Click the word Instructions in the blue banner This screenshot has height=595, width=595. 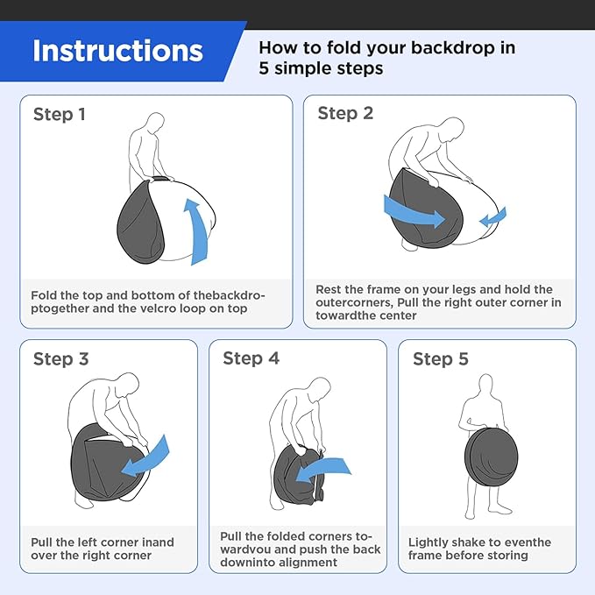coord(117,51)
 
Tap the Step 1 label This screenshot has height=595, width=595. coord(60,114)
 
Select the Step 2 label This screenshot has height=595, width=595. coord(345,113)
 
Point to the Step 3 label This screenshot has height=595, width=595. coord(60,359)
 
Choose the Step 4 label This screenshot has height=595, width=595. coord(251,358)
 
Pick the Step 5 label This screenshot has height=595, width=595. coord(441,359)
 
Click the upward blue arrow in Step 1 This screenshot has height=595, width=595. coord(198,232)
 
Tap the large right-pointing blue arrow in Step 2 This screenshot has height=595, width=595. coord(414,212)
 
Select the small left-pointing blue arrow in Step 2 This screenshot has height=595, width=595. coord(492,217)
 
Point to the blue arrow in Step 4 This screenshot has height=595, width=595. coord(322,471)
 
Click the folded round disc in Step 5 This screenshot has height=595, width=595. coord(491,457)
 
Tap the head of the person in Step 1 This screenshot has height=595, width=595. coord(155,122)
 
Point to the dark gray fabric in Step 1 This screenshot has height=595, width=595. coord(141,223)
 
